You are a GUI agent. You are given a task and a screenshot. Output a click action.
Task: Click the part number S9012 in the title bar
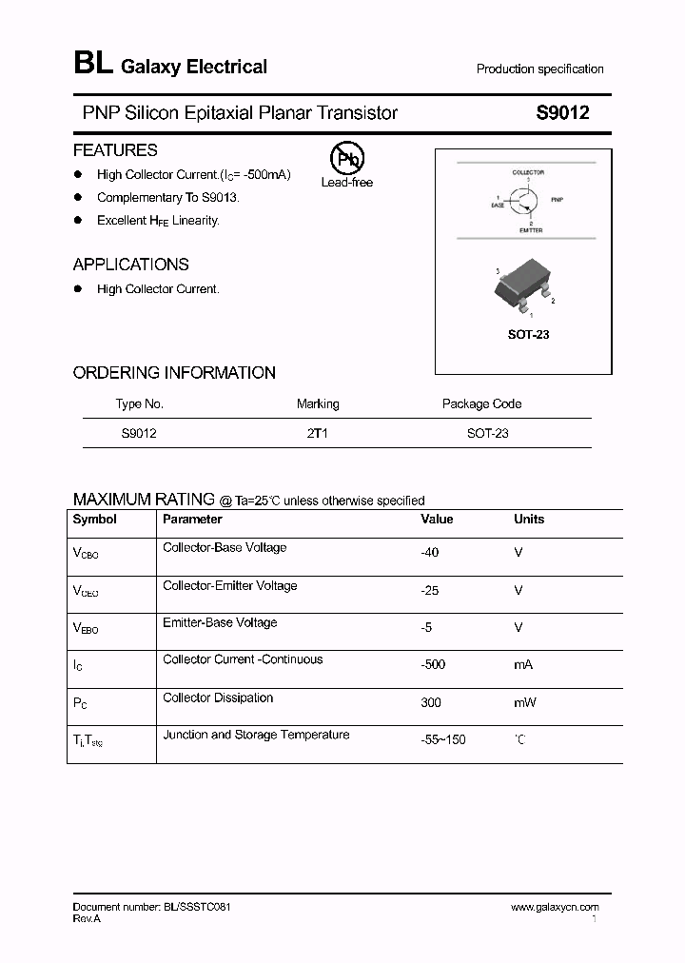563,113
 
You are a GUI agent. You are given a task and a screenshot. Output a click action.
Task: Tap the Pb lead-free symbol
346,159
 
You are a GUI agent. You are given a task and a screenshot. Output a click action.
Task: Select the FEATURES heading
115,150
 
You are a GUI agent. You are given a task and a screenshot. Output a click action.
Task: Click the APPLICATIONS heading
131,265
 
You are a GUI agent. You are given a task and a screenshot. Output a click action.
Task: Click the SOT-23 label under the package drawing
528,335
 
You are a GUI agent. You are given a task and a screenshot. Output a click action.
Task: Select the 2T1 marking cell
318,433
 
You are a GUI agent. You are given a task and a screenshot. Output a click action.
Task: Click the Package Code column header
481,403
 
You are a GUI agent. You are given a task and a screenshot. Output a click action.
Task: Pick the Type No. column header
140,403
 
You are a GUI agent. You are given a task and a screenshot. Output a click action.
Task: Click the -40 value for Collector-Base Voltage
430,552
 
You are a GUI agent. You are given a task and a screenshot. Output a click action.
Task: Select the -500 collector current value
433,664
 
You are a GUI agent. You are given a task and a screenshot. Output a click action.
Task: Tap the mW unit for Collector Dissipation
525,702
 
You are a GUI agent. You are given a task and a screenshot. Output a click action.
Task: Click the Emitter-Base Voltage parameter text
220,622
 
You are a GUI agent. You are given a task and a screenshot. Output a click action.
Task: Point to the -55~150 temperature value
443,739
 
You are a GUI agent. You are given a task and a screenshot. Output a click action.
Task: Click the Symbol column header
95,520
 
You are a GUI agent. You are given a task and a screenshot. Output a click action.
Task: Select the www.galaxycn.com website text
555,908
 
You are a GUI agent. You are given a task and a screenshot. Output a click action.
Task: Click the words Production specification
539,69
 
